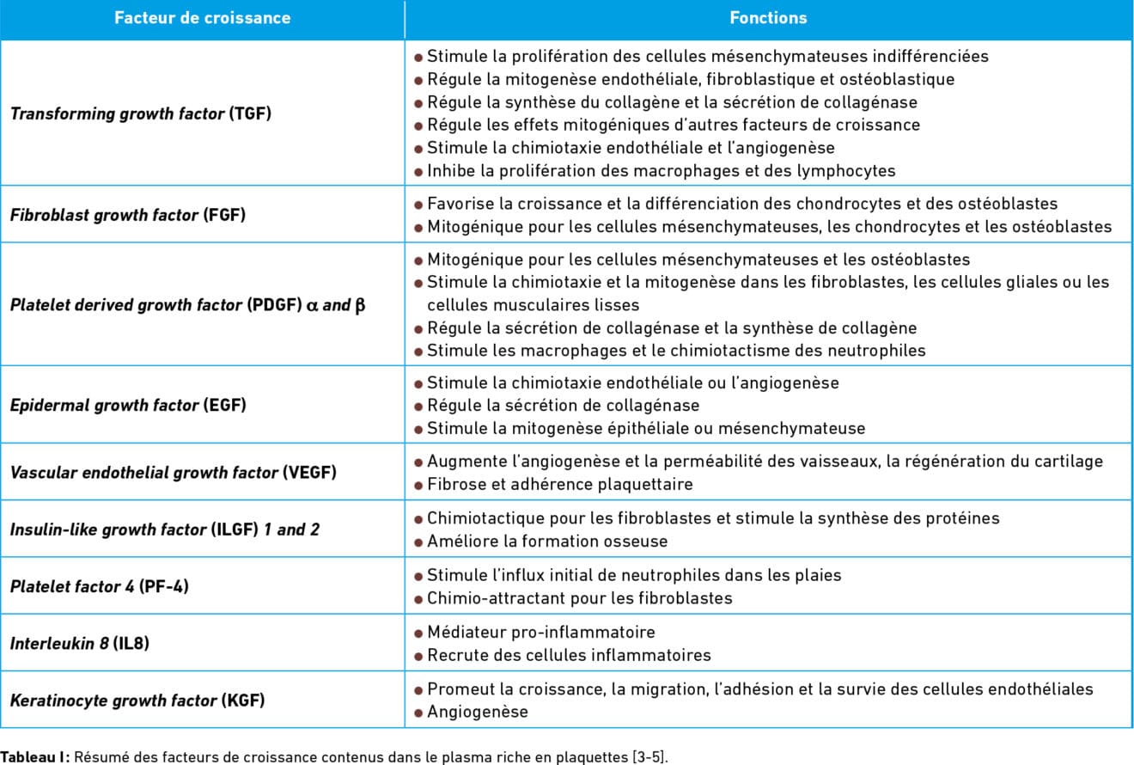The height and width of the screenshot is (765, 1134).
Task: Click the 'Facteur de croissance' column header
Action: pyautogui.click(x=202, y=18)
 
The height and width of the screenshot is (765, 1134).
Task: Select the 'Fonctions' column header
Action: pyautogui.click(x=768, y=18)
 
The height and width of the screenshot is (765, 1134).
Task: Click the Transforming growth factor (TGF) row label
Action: pyautogui.click(x=141, y=113)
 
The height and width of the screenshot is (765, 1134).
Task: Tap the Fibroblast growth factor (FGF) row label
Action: pyautogui.click(x=128, y=215)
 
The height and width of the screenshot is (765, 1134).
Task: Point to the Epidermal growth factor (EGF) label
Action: pyautogui.click(x=128, y=405)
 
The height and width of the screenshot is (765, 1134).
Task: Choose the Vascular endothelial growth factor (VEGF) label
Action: pyautogui.click(x=173, y=472)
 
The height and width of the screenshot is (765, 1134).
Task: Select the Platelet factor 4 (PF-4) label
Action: pyautogui.click(x=100, y=586)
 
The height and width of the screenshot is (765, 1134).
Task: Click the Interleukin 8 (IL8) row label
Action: pyautogui.click(x=80, y=643)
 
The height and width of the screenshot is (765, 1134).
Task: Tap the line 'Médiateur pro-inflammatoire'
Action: pyautogui.click(x=540, y=633)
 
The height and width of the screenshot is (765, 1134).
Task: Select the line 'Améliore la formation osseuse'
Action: pyautogui.click(x=547, y=542)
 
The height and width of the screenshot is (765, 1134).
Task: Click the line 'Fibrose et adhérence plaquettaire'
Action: pyautogui.click(x=559, y=484)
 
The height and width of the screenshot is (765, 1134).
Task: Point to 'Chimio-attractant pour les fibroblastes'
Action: pyautogui.click(x=579, y=598)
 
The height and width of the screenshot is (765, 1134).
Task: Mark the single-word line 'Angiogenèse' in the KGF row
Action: pyautogui.click(x=477, y=712)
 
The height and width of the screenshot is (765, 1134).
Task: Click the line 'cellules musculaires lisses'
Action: pyautogui.click(x=533, y=305)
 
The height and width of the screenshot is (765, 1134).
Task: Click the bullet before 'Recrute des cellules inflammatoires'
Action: pyautogui.click(x=418, y=656)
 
